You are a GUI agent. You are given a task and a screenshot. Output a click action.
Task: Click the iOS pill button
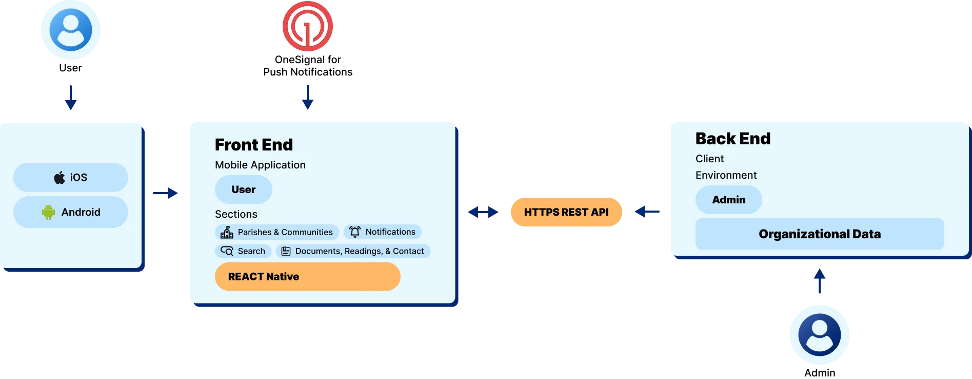click(x=71, y=178)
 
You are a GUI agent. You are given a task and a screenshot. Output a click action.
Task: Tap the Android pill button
click(x=71, y=212)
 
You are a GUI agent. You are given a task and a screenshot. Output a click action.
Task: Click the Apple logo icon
click(x=59, y=178)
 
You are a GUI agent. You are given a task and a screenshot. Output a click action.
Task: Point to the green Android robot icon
click(x=48, y=212)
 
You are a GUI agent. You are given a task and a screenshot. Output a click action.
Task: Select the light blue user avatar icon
click(x=71, y=30)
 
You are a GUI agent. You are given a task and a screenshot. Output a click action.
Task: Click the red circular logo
click(x=308, y=27)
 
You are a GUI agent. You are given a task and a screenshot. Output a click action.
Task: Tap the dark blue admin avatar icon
click(x=819, y=334)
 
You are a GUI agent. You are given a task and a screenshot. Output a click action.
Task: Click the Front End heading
click(x=254, y=145)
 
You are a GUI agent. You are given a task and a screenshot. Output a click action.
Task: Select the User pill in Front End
click(x=244, y=189)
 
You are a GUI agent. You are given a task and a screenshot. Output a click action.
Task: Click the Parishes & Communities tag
click(x=277, y=232)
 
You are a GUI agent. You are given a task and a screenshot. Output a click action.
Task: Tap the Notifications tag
click(x=383, y=232)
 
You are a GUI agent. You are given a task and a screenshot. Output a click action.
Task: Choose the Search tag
click(x=243, y=251)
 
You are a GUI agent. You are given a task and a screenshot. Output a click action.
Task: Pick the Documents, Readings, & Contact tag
click(x=353, y=251)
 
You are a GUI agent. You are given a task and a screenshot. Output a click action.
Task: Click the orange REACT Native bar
click(x=307, y=277)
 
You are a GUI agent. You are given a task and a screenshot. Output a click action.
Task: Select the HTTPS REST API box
click(x=566, y=212)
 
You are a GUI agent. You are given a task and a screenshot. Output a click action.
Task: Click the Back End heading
click(x=732, y=139)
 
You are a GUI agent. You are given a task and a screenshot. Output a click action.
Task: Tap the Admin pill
click(x=728, y=200)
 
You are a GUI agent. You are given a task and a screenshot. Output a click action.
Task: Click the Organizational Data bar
click(x=819, y=234)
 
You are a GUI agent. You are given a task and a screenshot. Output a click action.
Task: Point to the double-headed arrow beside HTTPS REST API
click(x=483, y=212)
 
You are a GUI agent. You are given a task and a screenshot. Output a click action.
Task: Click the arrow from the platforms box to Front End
click(x=166, y=193)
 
